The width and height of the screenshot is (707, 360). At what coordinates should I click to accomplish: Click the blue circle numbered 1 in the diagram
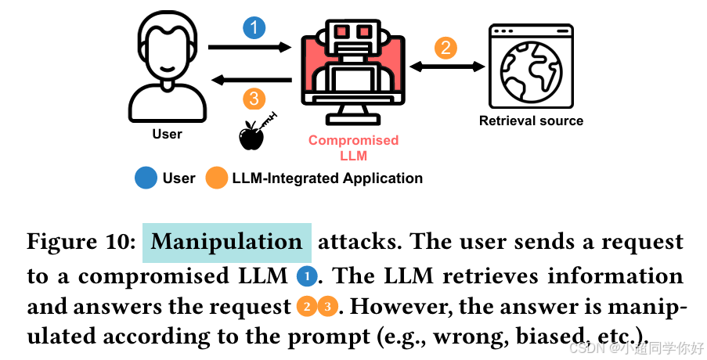[254, 27]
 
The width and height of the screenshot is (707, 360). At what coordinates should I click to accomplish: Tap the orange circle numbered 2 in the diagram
[445, 48]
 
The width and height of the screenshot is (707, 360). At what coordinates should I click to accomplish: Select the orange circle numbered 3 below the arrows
[254, 99]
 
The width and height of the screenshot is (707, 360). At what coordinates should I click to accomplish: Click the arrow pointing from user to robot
[250, 46]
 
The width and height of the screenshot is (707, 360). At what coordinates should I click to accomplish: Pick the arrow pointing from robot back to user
[251, 80]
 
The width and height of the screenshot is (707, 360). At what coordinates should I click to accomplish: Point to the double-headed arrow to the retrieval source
[447, 67]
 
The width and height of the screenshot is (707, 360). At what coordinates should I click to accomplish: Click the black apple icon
[251, 135]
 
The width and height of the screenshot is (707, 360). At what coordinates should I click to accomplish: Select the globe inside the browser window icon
[531, 71]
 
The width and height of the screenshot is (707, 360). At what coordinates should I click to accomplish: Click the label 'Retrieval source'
[531, 121]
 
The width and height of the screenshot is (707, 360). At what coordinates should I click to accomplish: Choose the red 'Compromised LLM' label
[354, 148]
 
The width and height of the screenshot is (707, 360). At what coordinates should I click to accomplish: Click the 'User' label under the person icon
[168, 134]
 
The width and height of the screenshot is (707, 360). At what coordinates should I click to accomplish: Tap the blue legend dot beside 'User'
[146, 178]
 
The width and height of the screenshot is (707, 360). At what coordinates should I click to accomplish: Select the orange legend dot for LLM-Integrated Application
[216, 178]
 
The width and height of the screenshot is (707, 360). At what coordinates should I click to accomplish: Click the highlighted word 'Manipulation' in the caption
[227, 243]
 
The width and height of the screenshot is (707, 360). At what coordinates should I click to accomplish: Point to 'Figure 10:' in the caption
[81, 242]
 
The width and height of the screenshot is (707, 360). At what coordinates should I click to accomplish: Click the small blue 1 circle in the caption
[307, 275]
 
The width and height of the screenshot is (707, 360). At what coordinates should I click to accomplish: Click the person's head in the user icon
[168, 46]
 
